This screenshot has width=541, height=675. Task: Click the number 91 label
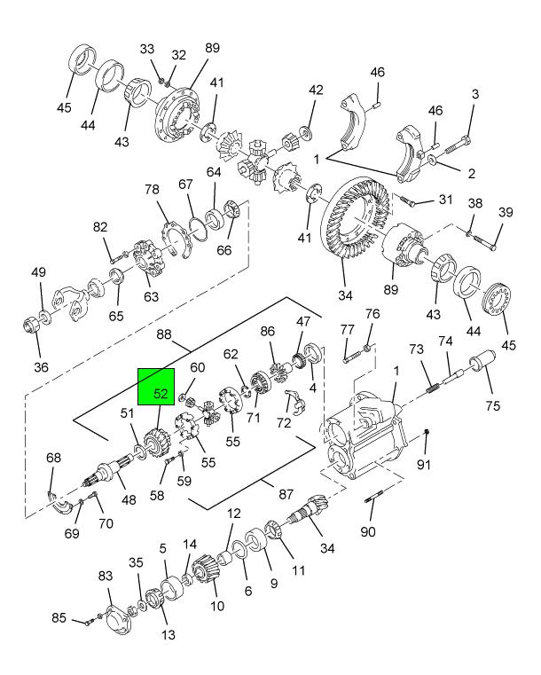pyautogui.click(x=425, y=464)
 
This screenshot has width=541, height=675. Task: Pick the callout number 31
pyautogui.click(x=445, y=199)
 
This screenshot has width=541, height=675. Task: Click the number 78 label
pyautogui.click(x=152, y=190)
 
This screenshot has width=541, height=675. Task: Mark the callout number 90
pyautogui.click(x=367, y=532)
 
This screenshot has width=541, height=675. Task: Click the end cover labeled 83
pyautogui.click(x=116, y=617)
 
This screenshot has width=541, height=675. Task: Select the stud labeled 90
pyautogui.click(x=373, y=501)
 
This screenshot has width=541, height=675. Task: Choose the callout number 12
pyautogui.click(x=233, y=513)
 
